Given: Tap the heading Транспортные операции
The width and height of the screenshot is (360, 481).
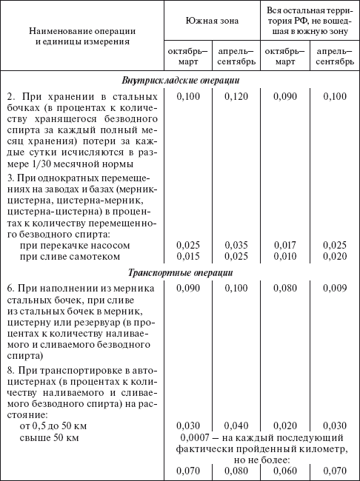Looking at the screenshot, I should pos(180,272).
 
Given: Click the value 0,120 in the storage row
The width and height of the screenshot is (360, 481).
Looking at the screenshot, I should pos(236,97).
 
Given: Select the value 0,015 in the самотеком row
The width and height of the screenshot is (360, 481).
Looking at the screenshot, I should pos(190,256).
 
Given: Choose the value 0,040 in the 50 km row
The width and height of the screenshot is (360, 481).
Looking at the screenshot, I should pos(236,425).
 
